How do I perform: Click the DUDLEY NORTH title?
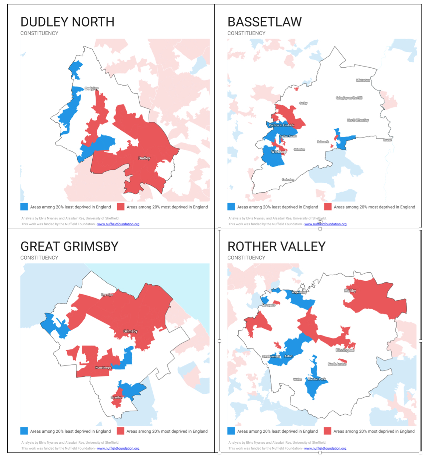tap(67, 22)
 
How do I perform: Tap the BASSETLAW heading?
tap(264, 22)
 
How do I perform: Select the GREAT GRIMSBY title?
tap(70, 246)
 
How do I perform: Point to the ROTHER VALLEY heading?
tap(277, 246)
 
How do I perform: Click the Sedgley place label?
tap(92, 89)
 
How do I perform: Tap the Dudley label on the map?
tap(144, 158)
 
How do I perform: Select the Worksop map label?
tap(278, 152)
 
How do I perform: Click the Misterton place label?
tap(363, 80)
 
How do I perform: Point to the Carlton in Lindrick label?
tap(281, 125)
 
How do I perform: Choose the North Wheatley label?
tap(358, 120)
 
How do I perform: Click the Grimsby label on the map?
tap(131, 331)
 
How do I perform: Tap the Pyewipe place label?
tap(107, 295)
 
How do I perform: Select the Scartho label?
tap(116, 397)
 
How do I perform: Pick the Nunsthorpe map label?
tap(103, 368)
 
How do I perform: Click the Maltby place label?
tap(350, 291)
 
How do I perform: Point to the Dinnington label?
tap(345, 350)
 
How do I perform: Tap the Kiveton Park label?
tap(317, 379)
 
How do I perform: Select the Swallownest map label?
tap(271, 357)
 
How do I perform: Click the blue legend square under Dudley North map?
tap(24, 207)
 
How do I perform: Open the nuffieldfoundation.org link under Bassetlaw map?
tap(325, 224)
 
